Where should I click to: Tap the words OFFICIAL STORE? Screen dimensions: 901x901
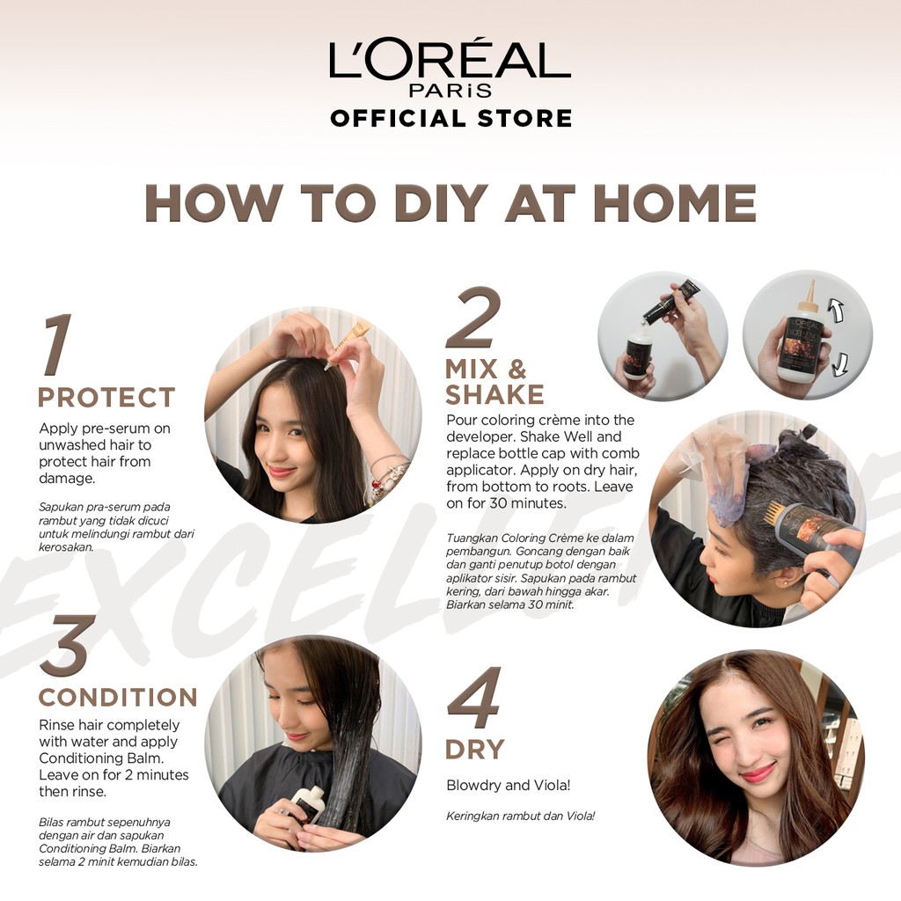pos(451,119)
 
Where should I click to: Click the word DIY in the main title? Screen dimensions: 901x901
pos(441,203)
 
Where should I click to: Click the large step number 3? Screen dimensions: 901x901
pos(68,645)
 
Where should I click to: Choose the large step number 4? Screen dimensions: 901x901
pos(474,697)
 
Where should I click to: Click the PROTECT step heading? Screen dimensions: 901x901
pos(106,397)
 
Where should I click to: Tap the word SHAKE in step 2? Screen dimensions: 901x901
pos(494,395)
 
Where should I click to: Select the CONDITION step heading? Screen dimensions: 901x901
pos(118,697)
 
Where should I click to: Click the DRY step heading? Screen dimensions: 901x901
pos(474,750)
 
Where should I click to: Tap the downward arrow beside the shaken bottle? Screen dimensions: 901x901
pos(840,364)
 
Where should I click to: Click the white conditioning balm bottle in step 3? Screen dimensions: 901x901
pos(306,805)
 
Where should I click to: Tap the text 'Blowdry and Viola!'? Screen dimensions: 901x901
pos(509,785)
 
